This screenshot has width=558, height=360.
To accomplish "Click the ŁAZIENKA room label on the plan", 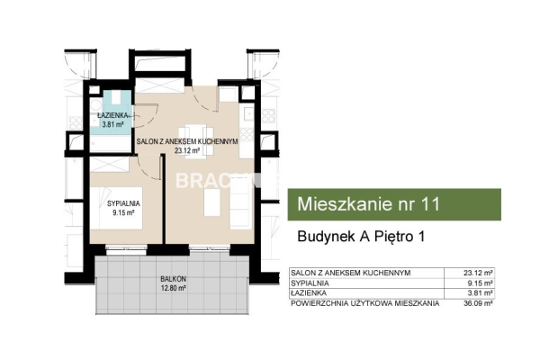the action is pos(112,115).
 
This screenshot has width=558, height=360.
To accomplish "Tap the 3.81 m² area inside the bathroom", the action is pos(112,124).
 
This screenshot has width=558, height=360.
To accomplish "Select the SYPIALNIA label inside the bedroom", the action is pos(123,203).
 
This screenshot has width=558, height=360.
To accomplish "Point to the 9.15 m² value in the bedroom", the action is pos(123,213).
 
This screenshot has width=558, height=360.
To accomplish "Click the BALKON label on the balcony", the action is pos(173,279).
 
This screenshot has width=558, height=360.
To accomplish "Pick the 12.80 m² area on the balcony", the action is pos(174,288).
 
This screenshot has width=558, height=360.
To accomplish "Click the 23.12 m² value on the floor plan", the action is pos(187,150).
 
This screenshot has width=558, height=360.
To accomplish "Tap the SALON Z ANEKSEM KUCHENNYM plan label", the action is pos(187,141).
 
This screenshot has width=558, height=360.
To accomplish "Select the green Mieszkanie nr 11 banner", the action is pos(394,204).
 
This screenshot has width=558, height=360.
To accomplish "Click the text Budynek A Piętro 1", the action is pos(361,237).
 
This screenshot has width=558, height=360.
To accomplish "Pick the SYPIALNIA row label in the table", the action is pos(310,283).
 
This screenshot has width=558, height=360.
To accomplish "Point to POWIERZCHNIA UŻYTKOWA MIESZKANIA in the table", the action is pos(365,303).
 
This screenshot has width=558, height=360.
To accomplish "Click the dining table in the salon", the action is pos(195,141).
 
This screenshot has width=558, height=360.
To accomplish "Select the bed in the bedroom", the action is pos(116,208).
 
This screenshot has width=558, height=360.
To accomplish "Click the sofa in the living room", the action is pos(241,202).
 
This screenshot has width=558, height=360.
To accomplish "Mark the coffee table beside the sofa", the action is pos(212,202).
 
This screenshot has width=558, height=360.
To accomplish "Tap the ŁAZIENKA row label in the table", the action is pos(309,293).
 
